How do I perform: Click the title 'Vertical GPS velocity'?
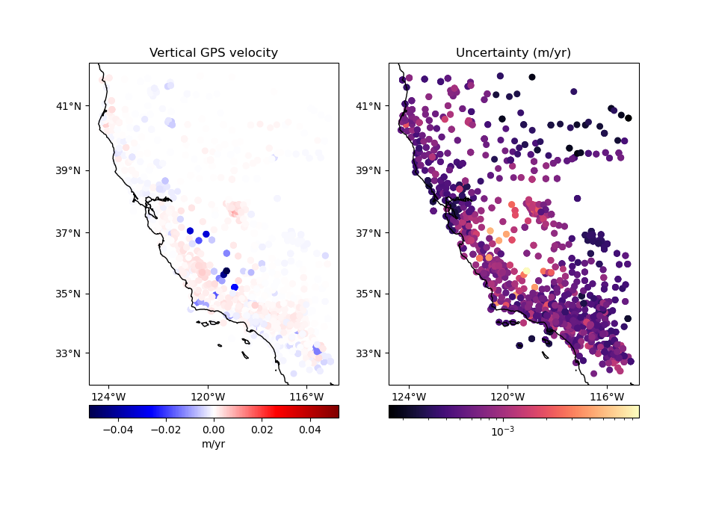(214, 53)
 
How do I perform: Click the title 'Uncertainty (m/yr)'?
(513, 53)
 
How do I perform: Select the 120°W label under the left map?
(208, 396)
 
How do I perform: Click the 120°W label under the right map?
(507, 396)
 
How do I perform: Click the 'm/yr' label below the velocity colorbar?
(214, 444)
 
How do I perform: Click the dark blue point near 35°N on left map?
(235, 287)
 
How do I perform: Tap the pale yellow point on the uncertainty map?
(525, 272)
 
